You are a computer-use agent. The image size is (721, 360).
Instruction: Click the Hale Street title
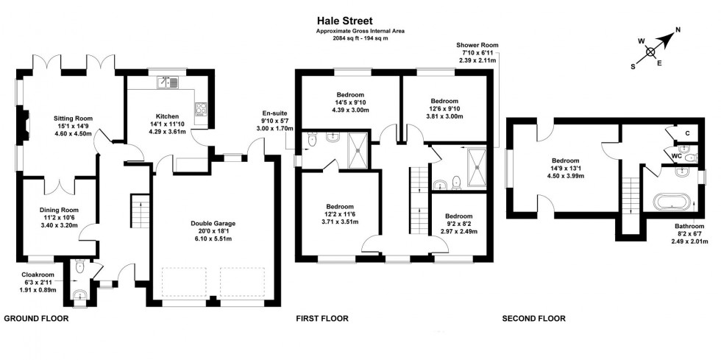pyautogui.click(x=344, y=21)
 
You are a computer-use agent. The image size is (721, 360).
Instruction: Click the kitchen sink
pyautogui.click(x=168, y=82)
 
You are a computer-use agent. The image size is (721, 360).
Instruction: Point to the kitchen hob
pyautogui.click(x=201, y=110)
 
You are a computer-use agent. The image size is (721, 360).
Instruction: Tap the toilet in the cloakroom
pyautogui.click(x=79, y=266)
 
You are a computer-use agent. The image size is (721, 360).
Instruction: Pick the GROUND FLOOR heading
pyautogui.click(x=36, y=319)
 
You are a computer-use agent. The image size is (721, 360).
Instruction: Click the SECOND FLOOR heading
pyautogui.click(x=533, y=319)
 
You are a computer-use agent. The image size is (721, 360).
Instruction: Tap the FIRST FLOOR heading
pyautogui.click(x=322, y=319)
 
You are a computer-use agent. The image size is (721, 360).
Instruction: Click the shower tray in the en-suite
pyautogui.click(x=358, y=150)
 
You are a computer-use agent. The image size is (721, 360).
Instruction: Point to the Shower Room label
pyautogui.click(x=477, y=45)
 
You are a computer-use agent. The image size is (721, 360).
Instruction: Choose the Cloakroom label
pyautogui.click(x=37, y=275)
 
